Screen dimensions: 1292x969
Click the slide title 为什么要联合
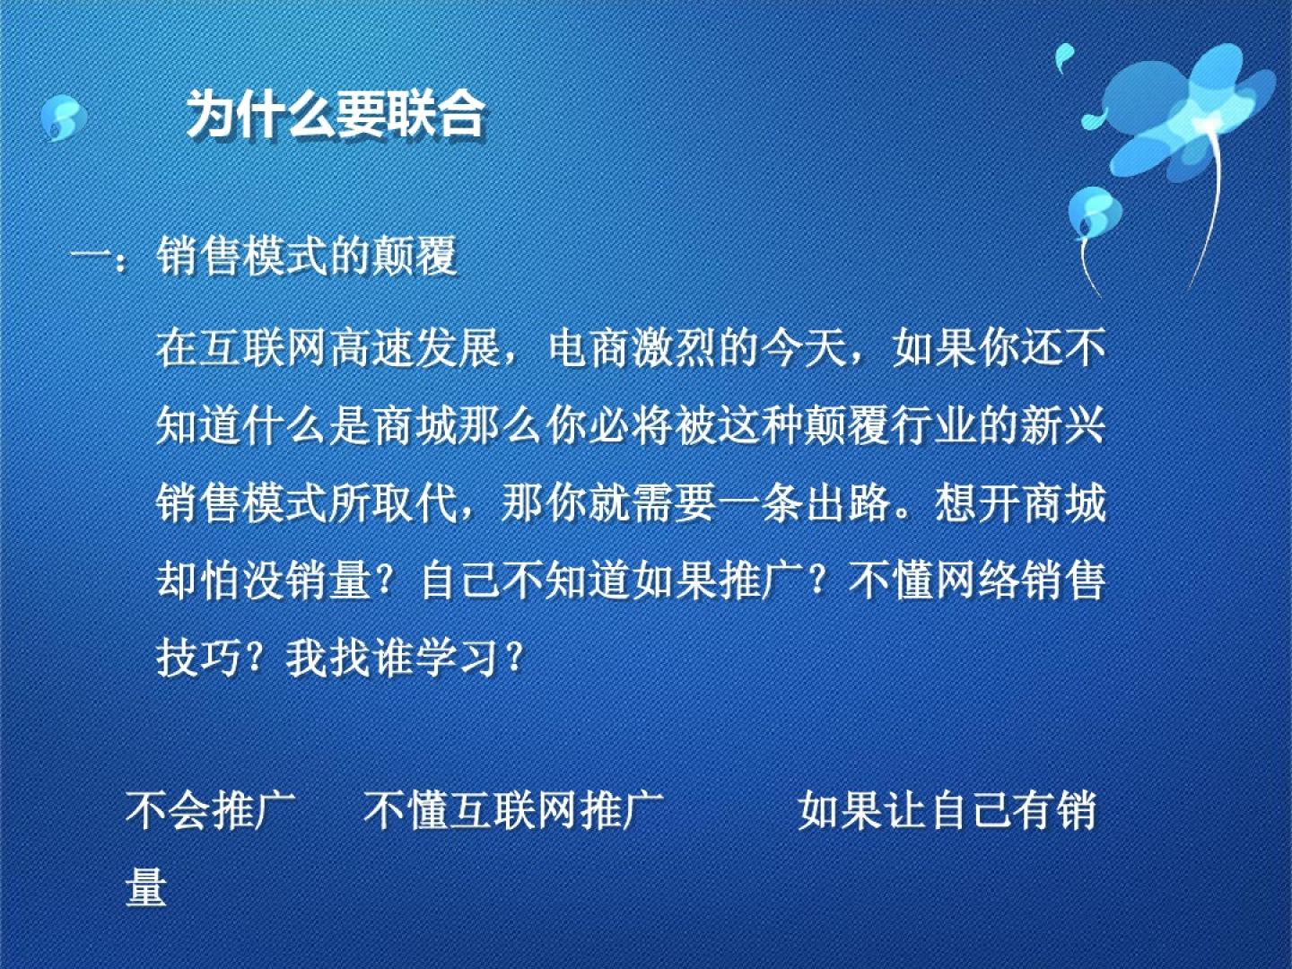point(336,116)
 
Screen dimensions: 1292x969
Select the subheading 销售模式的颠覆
point(307,256)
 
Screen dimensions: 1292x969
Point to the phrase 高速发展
point(415,348)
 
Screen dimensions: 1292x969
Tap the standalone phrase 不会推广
point(210,811)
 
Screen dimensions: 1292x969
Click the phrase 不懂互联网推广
point(513,811)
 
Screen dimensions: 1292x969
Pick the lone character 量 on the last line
point(146,886)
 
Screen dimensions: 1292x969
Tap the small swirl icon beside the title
point(64,118)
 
